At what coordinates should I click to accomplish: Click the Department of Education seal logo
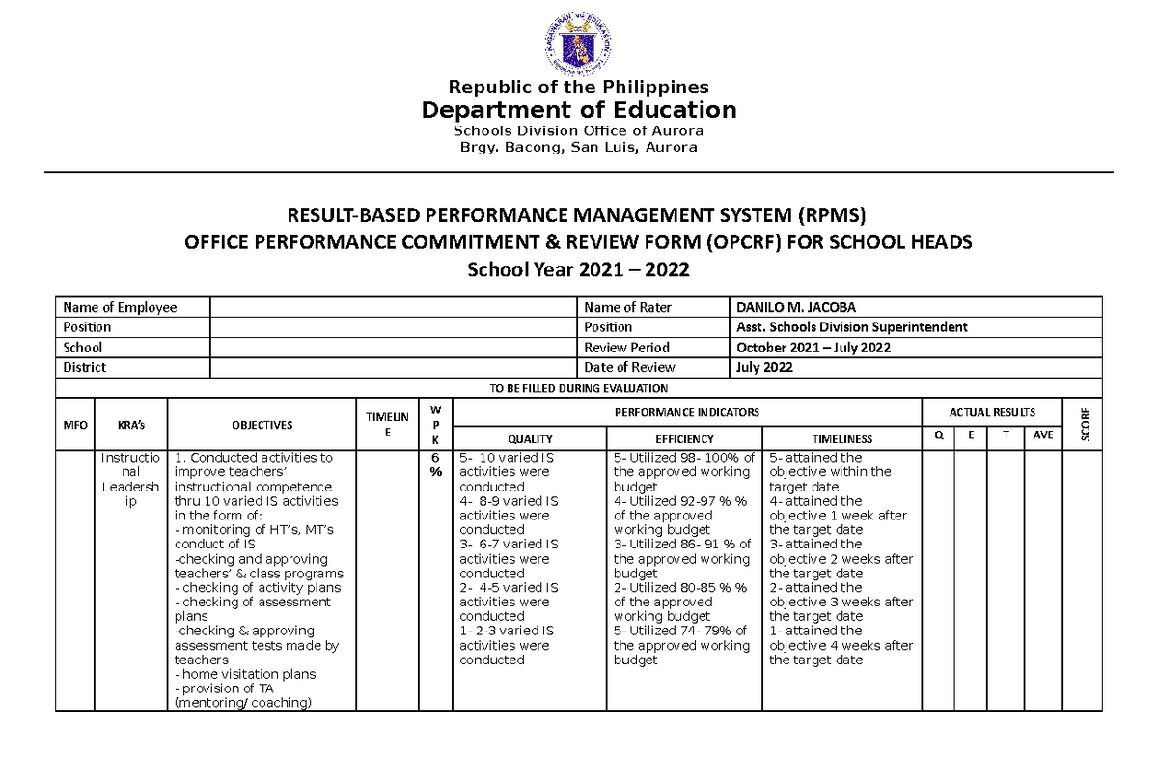(x=578, y=45)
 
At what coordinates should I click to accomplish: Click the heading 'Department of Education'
(x=578, y=110)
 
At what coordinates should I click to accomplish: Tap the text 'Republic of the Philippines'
(x=578, y=87)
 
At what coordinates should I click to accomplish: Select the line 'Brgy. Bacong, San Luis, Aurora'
(x=578, y=147)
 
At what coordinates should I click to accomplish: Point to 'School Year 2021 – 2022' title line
(x=578, y=270)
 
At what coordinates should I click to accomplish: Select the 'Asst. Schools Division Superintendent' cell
(x=851, y=327)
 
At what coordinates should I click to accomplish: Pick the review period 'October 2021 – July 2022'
(x=813, y=348)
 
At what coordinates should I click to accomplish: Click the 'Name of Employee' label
(x=120, y=307)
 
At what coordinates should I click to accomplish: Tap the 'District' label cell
(x=85, y=367)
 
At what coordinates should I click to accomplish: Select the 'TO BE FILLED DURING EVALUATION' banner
(x=578, y=388)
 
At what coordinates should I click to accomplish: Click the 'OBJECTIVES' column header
(x=262, y=425)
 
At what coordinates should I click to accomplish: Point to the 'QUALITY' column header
(x=530, y=438)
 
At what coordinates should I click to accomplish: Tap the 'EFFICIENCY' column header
(x=684, y=438)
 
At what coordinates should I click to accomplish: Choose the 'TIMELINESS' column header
(x=841, y=438)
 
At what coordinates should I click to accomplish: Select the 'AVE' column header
(x=1043, y=435)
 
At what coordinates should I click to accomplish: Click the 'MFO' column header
(x=74, y=425)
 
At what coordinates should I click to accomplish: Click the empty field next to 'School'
(x=392, y=348)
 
